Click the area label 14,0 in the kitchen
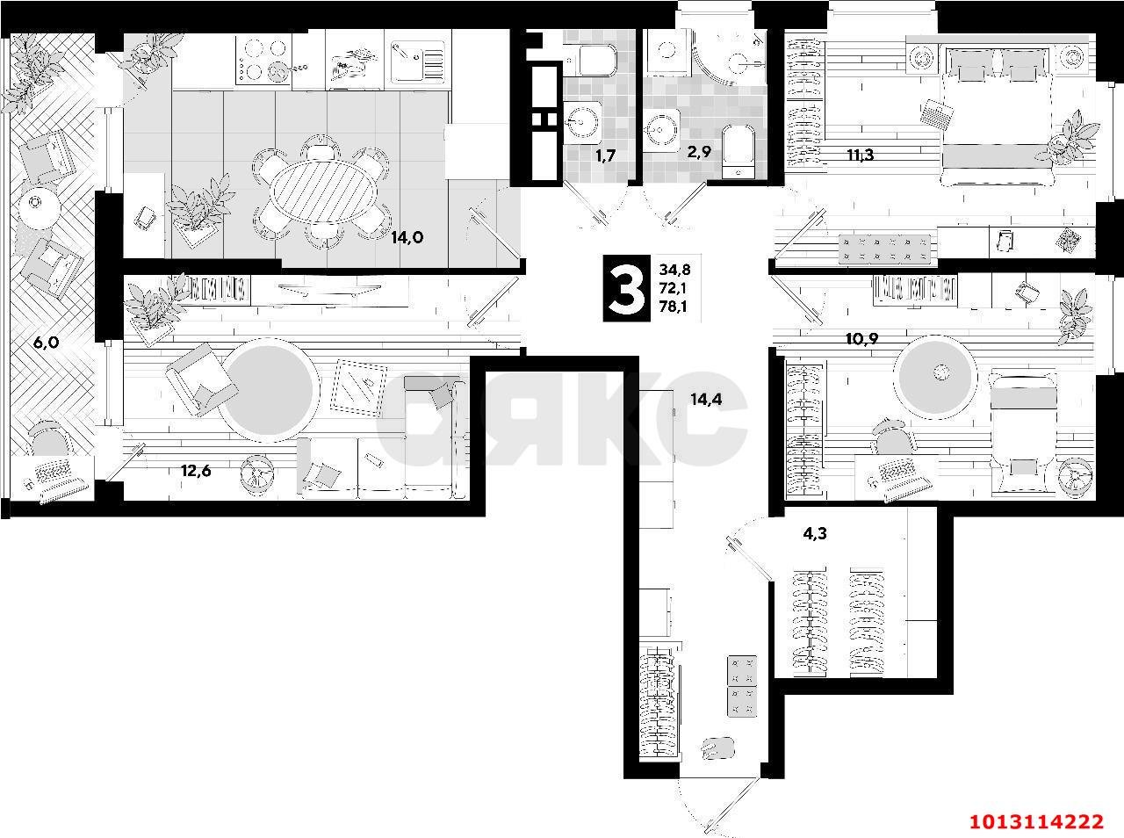[x=408, y=237]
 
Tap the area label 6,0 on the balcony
[x=46, y=343]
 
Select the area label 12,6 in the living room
[x=196, y=471]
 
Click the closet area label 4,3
[x=814, y=532]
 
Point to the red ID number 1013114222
[x=1035, y=821]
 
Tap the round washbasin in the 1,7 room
[x=583, y=120]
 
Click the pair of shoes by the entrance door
[x=717, y=748]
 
